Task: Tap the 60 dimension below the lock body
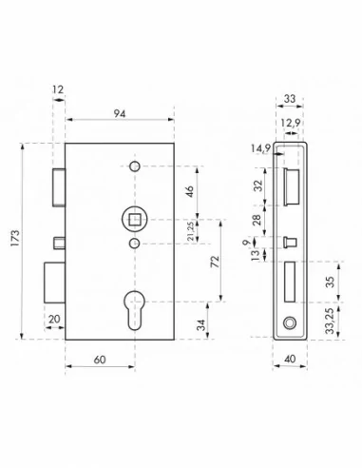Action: [x=100, y=360]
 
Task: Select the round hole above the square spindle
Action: [x=133, y=167]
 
